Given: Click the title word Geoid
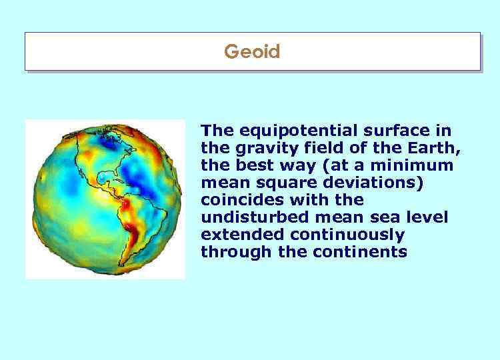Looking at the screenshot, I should pyautogui.click(x=252, y=51).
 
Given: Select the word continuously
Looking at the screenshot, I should pyautogui.click(x=343, y=235).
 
